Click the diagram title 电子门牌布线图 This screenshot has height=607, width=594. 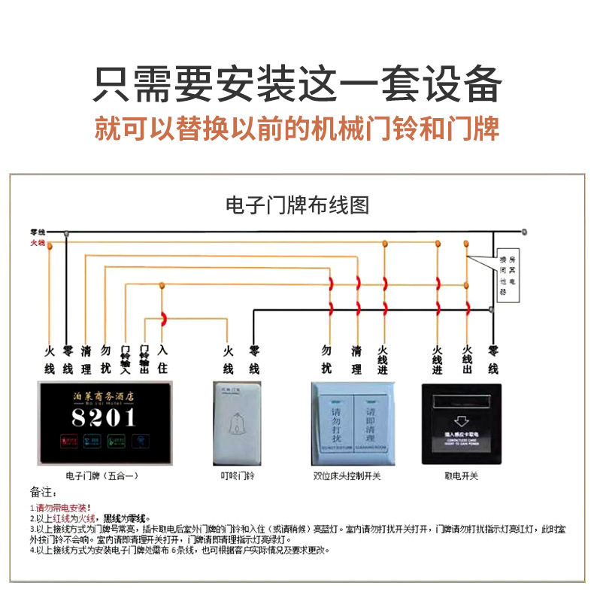(x=297, y=205)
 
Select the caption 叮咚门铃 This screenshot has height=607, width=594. (x=237, y=476)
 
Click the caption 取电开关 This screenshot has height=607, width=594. (x=461, y=476)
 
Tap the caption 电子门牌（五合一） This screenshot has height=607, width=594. (x=102, y=476)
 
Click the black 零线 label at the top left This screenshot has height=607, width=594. (x=38, y=232)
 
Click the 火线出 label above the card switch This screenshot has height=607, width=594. (x=467, y=359)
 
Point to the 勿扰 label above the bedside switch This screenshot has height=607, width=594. (x=326, y=359)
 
